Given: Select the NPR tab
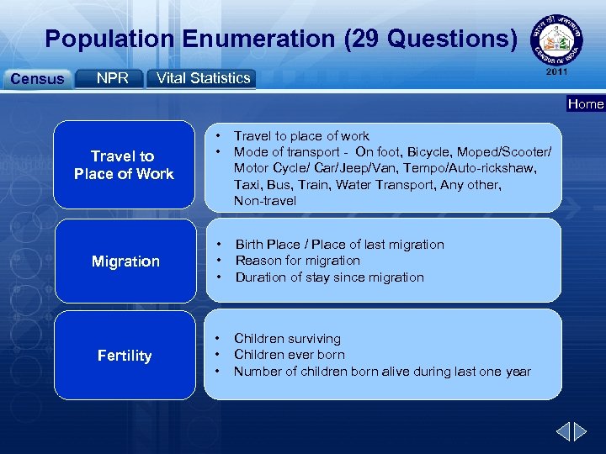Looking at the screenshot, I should click(x=112, y=78).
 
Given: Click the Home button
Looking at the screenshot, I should click(x=585, y=104).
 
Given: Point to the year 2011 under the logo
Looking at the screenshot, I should click(x=557, y=72).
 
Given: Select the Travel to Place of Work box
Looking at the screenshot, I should click(x=124, y=166).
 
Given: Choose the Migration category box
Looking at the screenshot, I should click(x=125, y=261).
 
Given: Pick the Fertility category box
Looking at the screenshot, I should click(x=125, y=356).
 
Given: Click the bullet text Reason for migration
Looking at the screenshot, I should click(x=297, y=261).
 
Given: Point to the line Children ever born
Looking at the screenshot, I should click(x=289, y=355).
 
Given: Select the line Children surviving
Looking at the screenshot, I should click(x=287, y=338).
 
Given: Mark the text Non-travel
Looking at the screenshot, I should click(x=264, y=201).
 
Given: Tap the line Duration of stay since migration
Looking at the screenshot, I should click(x=329, y=277).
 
